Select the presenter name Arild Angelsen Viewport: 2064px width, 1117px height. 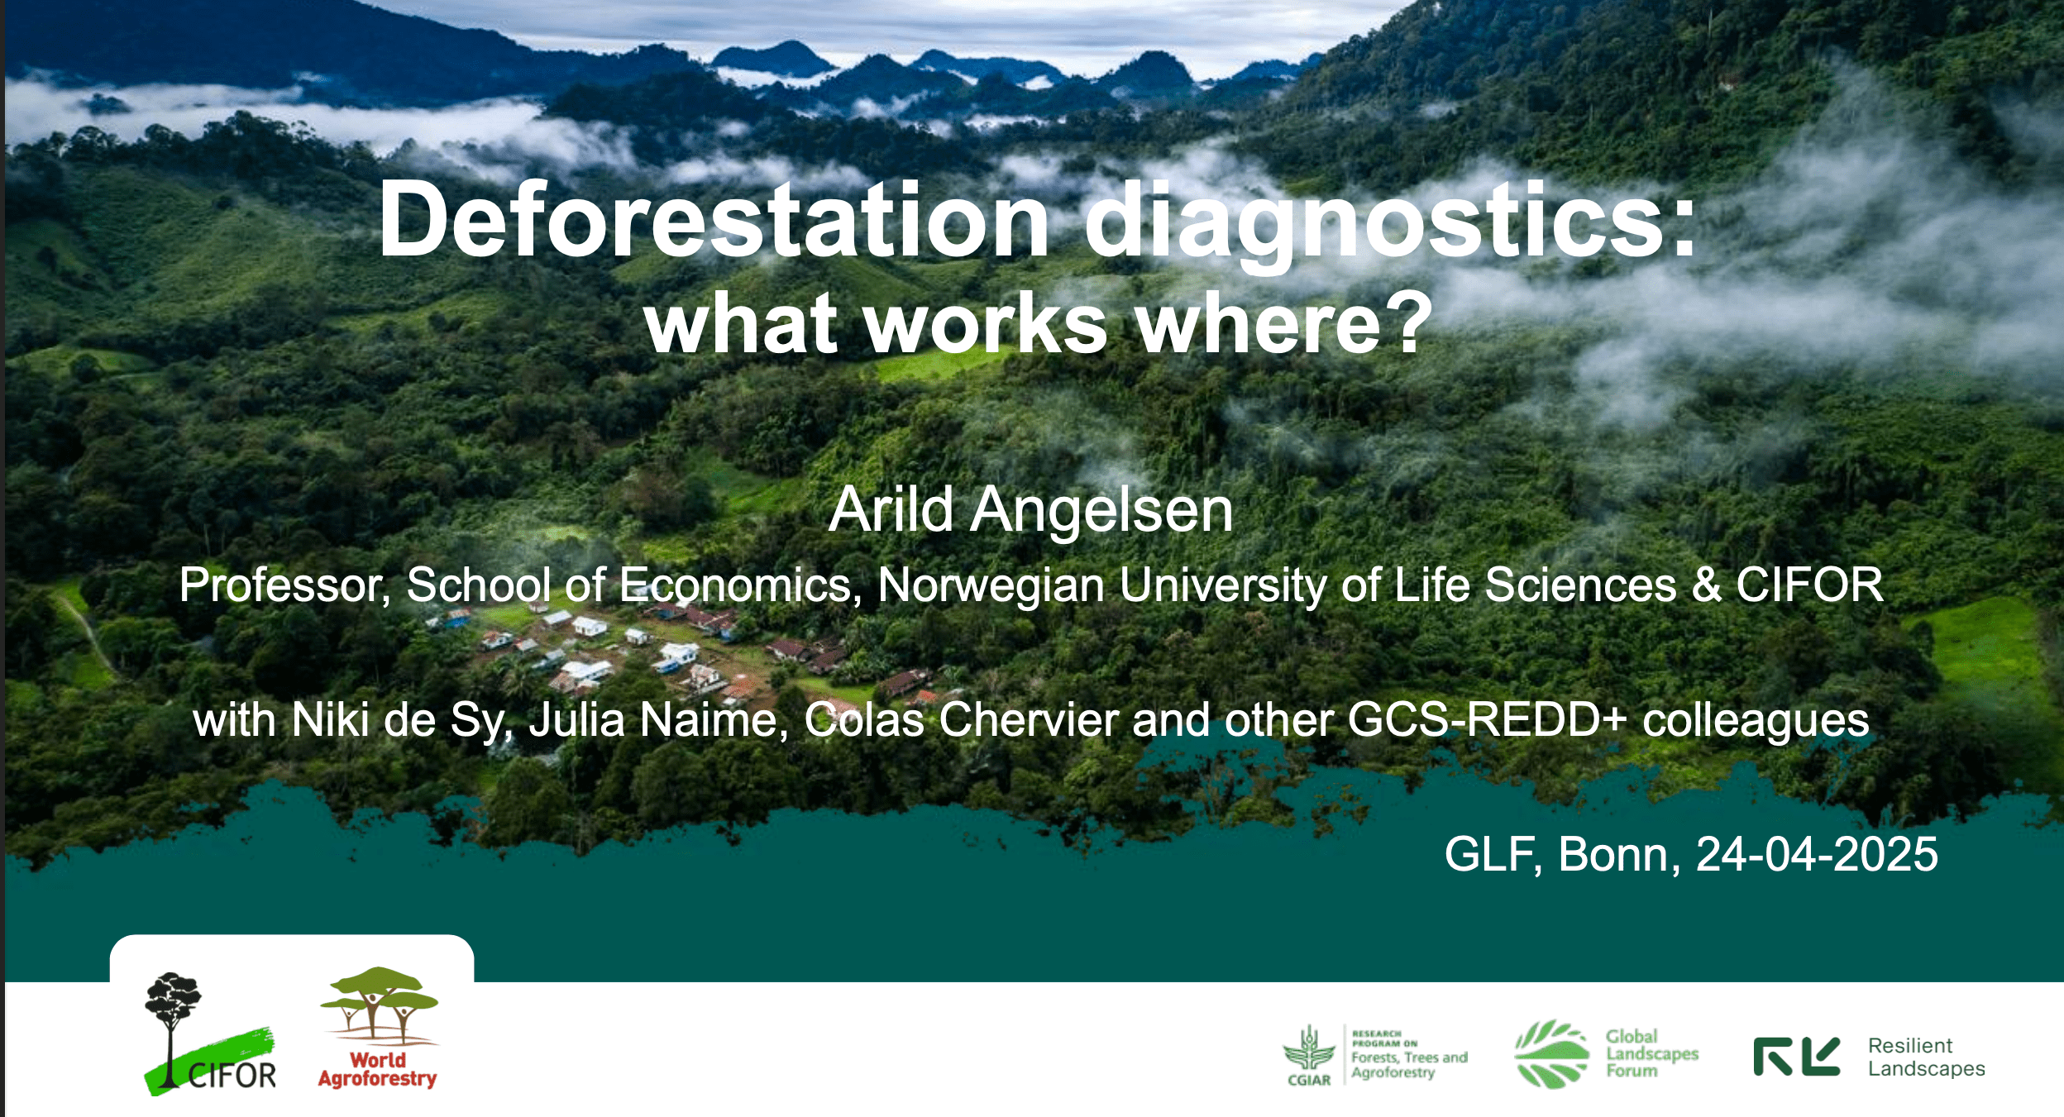[1031, 509]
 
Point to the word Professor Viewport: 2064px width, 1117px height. [284, 585]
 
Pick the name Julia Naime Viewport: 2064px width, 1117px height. [658, 720]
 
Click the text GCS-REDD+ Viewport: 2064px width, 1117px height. [1487, 719]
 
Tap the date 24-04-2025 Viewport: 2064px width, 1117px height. [1817, 854]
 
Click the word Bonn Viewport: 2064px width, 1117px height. [1619, 854]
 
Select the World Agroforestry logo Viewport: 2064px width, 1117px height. [379, 1028]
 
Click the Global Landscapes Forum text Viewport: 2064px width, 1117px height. [1651, 1053]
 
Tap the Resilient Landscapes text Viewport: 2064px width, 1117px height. [1926, 1057]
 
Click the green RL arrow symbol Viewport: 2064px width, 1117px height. [1797, 1057]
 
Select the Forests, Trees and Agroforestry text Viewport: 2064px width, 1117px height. [1409, 1065]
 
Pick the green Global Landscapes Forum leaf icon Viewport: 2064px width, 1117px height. [1551, 1054]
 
